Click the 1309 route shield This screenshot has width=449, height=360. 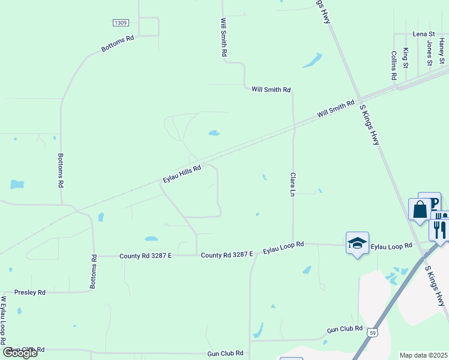(x=121, y=23)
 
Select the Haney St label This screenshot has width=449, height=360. (x=442, y=52)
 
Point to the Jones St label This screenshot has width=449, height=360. (x=430, y=53)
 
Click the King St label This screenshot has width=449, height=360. (x=406, y=58)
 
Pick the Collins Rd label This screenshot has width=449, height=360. (x=394, y=65)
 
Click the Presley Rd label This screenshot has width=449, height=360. (x=29, y=292)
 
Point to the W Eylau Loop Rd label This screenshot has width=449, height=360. (x=4, y=323)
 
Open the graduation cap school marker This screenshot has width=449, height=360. (x=357, y=243)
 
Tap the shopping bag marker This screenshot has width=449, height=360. (x=420, y=211)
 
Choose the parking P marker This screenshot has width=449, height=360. (x=430, y=202)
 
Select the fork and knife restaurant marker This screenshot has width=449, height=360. (x=439, y=229)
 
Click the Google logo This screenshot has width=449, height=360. (x=20, y=353)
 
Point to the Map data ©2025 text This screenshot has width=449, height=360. (x=423, y=355)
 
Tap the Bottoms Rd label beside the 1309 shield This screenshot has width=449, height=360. (x=118, y=44)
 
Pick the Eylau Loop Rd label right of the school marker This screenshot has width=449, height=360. (x=391, y=246)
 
